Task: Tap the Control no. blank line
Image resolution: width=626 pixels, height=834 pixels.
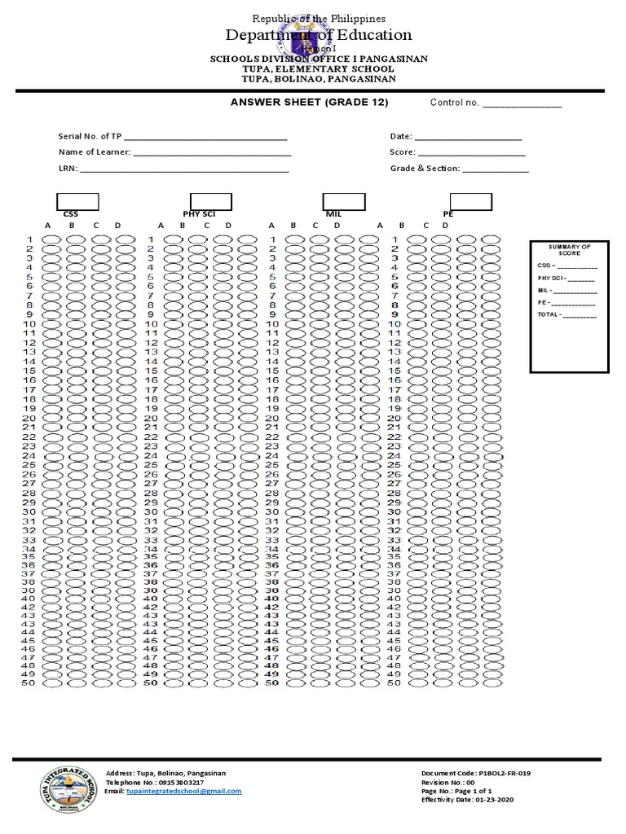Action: [x=522, y=105]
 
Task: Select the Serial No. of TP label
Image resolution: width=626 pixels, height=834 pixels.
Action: [x=89, y=136]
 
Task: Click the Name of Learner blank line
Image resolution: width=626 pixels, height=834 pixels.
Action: [x=212, y=153]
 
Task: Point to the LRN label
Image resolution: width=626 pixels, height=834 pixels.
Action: [x=66, y=169]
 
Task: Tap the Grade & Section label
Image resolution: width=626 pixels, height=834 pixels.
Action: [x=425, y=169]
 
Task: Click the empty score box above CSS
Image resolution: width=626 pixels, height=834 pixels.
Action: [x=77, y=201]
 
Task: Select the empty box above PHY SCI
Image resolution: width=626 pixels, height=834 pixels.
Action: [x=211, y=201]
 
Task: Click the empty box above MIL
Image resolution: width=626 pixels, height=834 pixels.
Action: [x=344, y=201]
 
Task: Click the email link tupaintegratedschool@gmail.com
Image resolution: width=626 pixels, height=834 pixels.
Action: [x=184, y=791]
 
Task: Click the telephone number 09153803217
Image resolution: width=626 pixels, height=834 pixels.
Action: [x=171, y=782]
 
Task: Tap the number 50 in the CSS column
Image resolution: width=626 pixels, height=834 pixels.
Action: [x=29, y=683]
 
